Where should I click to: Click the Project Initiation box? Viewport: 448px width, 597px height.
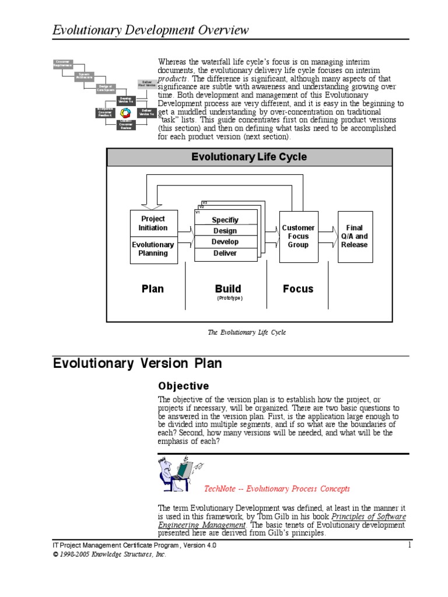pyautogui.click(x=153, y=223)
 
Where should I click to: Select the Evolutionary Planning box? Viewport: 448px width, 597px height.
pyautogui.click(x=153, y=249)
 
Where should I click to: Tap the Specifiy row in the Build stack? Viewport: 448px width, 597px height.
pyautogui.click(x=225, y=220)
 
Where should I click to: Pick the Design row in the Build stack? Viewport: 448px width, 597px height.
pyautogui.click(x=225, y=231)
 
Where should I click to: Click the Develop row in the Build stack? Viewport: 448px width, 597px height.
pyautogui.click(x=225, y=242)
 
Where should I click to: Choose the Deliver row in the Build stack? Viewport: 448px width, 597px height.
pyautogui.click(x=225, y=253)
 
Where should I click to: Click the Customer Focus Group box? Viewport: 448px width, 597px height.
pyautogui.click(x=298, y=236)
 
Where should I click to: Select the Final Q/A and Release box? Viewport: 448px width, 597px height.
pyautogui.click(x=355, y=236)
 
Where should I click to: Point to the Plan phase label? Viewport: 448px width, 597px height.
pyautogui.click(x=153, y=289)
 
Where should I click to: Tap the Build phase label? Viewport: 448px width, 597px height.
pyautogui.click(x=228, y=289)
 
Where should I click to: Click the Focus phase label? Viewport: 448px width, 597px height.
pyautogui.click(x=298, y=289)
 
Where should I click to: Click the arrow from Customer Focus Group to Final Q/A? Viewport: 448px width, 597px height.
pyautogui.click(x=328, y=236)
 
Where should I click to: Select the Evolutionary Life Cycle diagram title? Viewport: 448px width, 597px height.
pyautogui.click(x=249, y=157)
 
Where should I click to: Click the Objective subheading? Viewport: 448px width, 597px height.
pyautogui.click(x=183, y=386)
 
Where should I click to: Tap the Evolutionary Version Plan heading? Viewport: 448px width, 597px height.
pyautogui.click(x=137, y=364)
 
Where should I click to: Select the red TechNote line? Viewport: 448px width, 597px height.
pyautogui.click(x=276, y=489)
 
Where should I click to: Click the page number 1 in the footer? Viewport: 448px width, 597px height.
pyautogui.click(x=410, y=545)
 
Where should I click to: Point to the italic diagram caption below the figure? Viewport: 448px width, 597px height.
pyautogui.click(x=247, y=332)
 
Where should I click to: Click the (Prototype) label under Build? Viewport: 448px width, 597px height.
pyautogui.click(x=229, y=298)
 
